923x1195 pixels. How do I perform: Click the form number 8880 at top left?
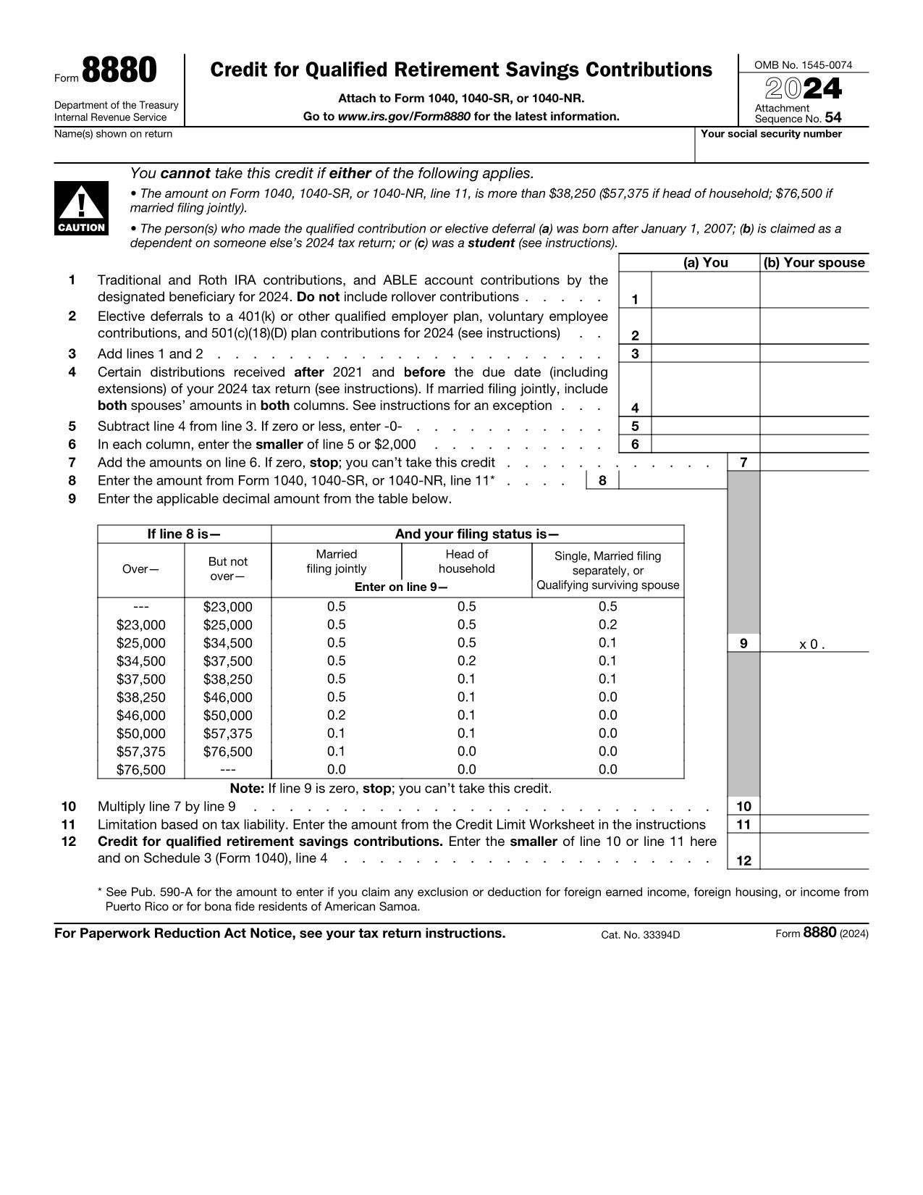click(119, 71)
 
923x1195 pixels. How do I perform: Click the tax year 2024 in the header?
click(804, 88)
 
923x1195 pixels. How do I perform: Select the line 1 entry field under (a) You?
click(705, 290)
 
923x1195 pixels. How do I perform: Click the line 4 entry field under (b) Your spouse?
click(814, 390)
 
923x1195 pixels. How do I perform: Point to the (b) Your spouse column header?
click(814, 263)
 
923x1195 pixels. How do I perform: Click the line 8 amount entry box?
click(672, 480)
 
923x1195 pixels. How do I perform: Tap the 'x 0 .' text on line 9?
click(812, 644)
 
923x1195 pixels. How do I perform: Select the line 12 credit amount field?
click(814, 852)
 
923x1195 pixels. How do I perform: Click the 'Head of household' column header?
click(466, 561)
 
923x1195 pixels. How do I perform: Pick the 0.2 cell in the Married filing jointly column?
click(336, 716)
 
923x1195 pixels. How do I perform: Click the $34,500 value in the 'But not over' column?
click(227, 643)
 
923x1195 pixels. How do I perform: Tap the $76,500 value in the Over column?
click(140, 770)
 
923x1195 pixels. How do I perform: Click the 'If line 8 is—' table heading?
click(184, 534)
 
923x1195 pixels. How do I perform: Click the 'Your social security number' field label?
click(771, 134)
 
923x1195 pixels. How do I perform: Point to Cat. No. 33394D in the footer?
click(640, 934)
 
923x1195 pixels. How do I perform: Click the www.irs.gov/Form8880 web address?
click(404, 117)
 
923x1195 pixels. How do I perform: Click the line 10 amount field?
click(814, 806)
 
